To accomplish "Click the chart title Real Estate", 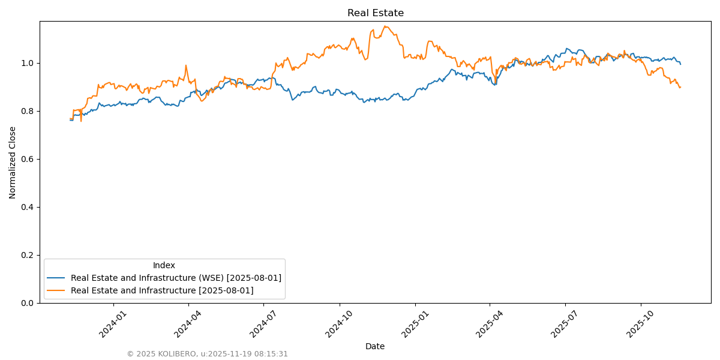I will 376,13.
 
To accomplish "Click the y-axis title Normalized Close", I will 13,162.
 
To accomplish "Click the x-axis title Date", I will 375,346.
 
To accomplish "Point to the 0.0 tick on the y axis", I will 27,303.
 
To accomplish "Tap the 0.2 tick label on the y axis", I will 27,255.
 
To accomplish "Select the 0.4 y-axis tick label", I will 27,207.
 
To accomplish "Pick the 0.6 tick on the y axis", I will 27,159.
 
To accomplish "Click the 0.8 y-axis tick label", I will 27,111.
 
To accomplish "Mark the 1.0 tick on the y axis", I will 27,63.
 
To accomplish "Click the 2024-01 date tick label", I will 112,323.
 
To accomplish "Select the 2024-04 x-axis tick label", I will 187,323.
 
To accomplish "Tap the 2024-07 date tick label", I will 262,323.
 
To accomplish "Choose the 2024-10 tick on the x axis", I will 338,323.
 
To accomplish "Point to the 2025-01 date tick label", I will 414,323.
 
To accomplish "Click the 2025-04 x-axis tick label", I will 488,323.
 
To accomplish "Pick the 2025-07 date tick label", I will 563,323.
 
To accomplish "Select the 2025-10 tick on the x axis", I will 640,323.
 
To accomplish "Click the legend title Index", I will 164,265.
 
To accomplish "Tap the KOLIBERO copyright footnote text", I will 207,354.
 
